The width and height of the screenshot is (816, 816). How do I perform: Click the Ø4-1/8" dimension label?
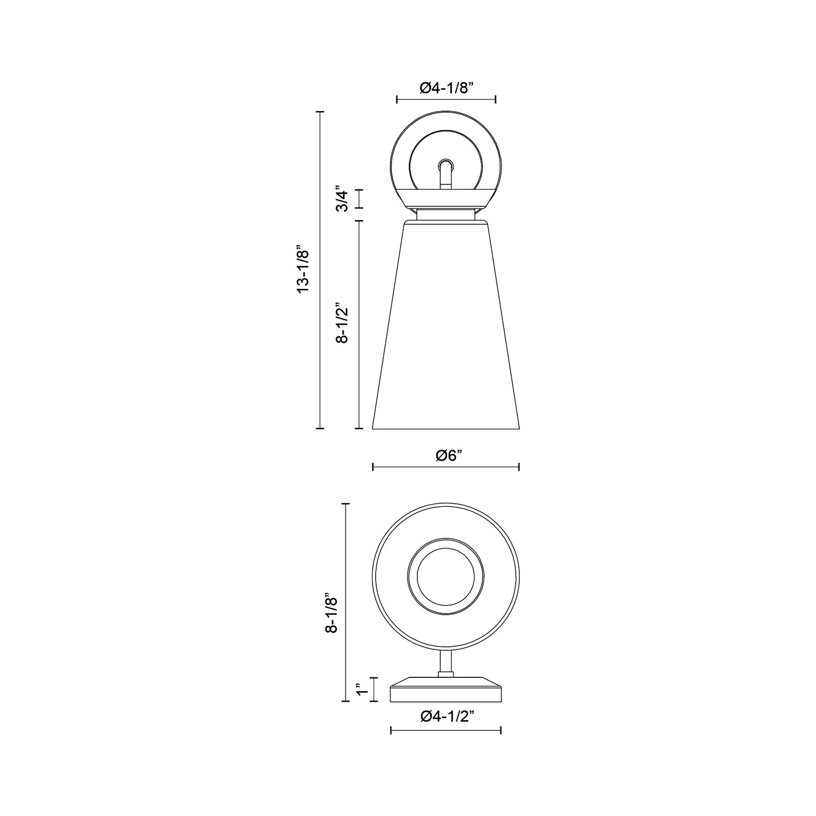coord(446,88)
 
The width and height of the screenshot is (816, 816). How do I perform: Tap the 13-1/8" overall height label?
coord(304,268)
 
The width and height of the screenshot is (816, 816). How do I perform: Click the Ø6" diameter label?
coord(446,456)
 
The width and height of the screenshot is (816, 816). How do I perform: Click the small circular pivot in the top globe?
coord(446,165)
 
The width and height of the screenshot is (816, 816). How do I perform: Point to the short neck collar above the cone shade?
coord(446,215)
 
